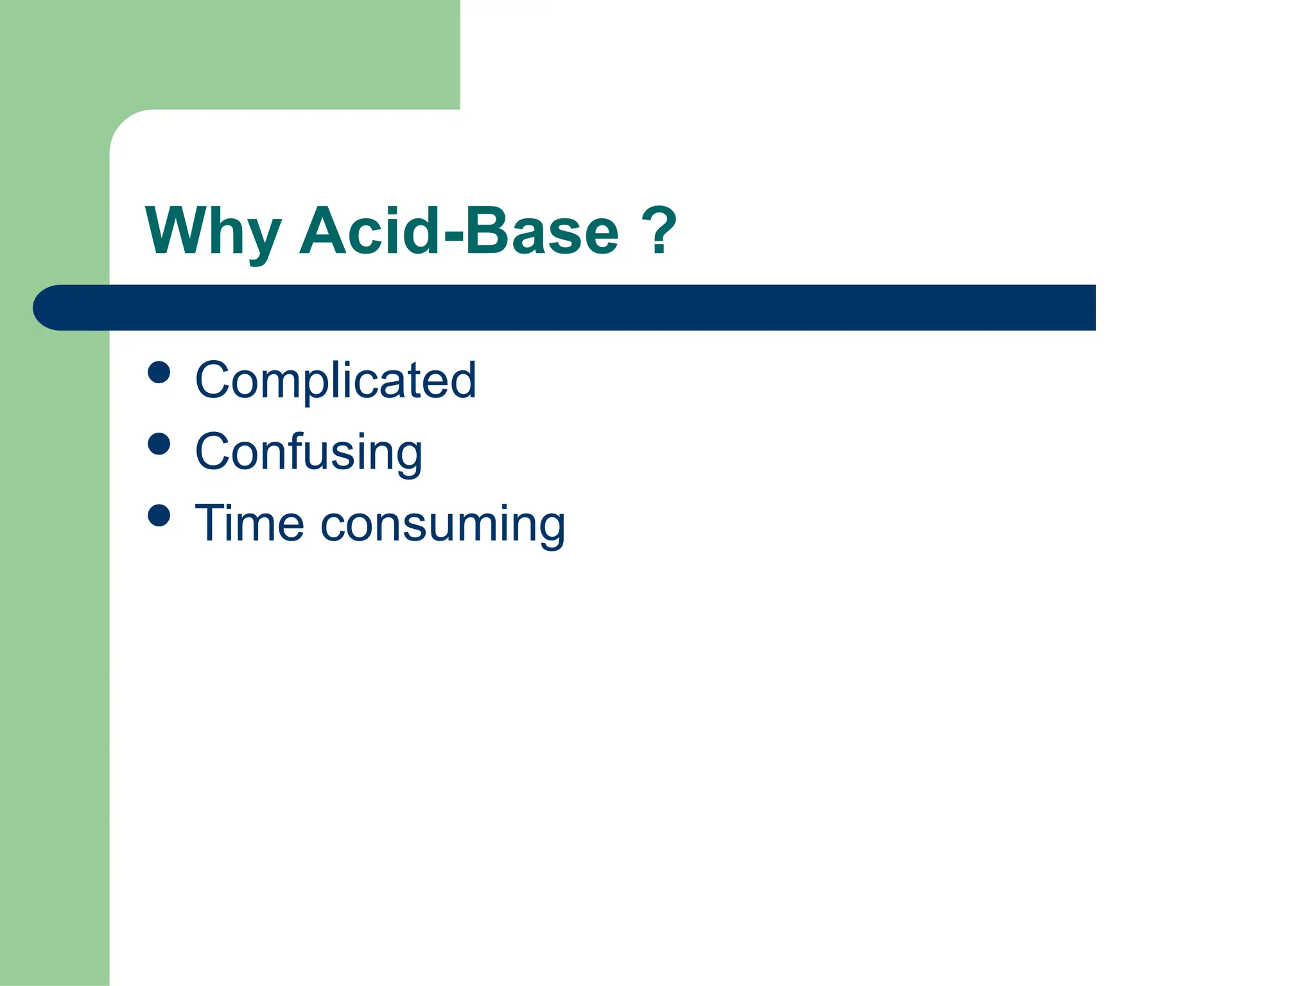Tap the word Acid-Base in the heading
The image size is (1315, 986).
[460, 231]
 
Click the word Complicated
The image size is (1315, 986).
[336, 380]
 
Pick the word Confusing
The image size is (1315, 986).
[309, 453]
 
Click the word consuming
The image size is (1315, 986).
[443, 525]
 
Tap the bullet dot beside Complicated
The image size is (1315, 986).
[159, 372]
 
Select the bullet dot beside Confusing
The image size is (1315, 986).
[159, 444]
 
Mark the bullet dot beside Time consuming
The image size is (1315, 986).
[159, 515]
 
